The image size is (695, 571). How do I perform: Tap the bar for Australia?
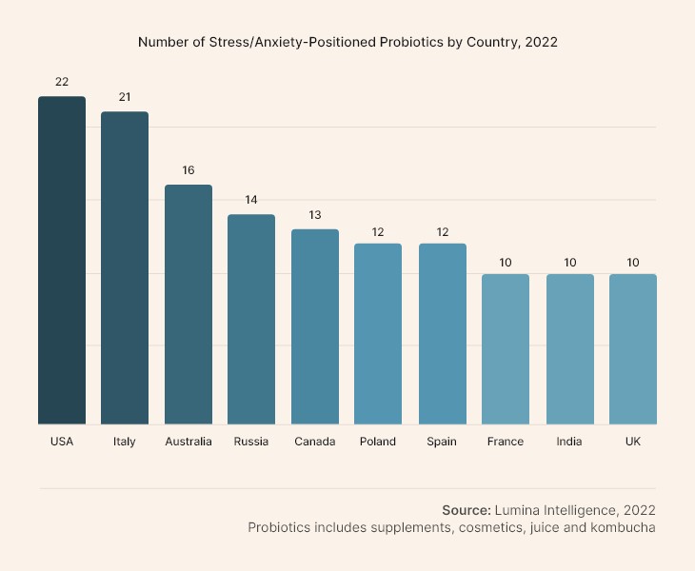189,304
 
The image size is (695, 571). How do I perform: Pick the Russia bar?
251,319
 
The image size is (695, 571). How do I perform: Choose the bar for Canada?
315,326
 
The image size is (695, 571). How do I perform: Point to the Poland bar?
378,333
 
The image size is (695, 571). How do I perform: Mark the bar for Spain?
443,333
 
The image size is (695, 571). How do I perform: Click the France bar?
506,348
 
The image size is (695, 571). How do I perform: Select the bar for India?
569,348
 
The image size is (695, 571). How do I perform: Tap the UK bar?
633,348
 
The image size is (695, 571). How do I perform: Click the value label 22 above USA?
62,82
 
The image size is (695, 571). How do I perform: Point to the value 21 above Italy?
125,97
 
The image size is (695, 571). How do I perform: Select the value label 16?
189,170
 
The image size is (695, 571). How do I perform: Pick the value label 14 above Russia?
251,200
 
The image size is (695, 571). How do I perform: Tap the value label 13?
315,215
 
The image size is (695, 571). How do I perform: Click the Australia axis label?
189,442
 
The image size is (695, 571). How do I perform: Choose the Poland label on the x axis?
378,442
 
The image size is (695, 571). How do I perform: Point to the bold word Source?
467,510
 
